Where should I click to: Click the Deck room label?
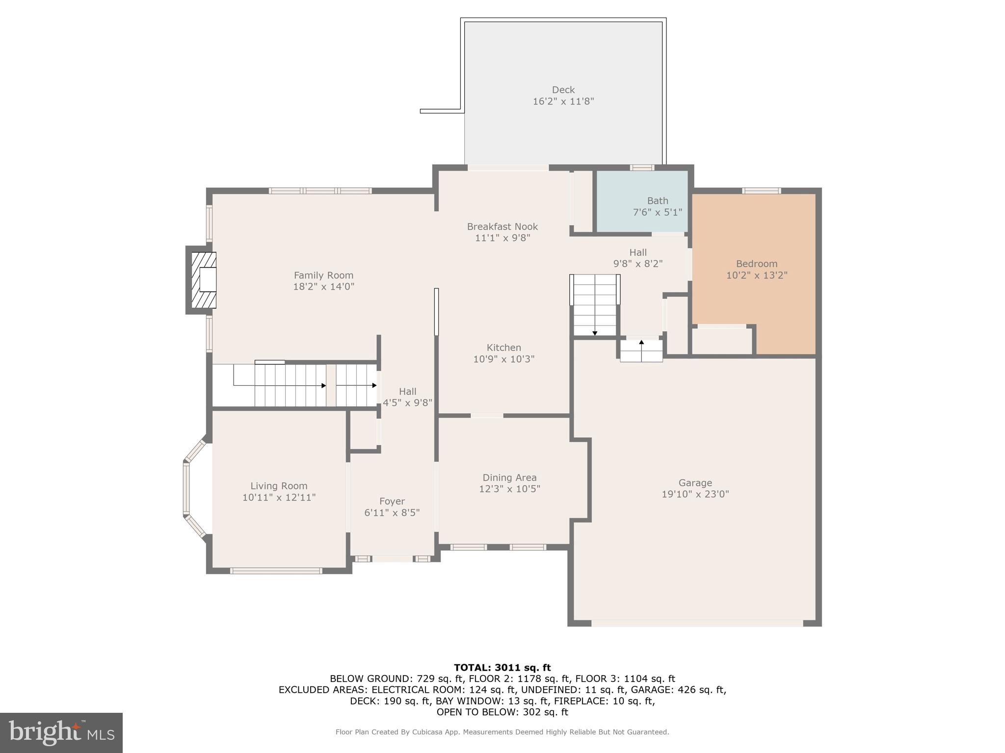pyautogui.click(x=563, y=90)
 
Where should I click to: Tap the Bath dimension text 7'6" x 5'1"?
pyautogui.click(x=657, y=212)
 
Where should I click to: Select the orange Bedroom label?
pyautogui.click(x=756, y=264)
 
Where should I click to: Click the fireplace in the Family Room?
pyautogui.click(x=203, y=280)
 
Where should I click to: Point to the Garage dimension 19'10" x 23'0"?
pyautogui.click(x=695, y=494)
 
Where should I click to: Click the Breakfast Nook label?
pyautogui.click(x=502, y=226)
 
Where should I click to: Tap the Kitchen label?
pyautogui.click(x=503, y=348)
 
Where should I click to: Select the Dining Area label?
pyautogui.click(x=509, y=477)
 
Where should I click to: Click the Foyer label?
pyautogui.click(x=392, y=501)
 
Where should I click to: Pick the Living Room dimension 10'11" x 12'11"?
pyautogui.click(x=279, y=498)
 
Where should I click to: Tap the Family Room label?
pyautogui.click(x=323, y=276)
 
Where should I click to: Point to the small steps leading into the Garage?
pyautogui.click(x=641, y=351)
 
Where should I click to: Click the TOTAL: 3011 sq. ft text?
pyautogui.click(x=502, y=667)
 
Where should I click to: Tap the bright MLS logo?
pyautogui.click(x=61, y=732)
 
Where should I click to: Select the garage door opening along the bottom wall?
pyautogui.click(x=697, y=623)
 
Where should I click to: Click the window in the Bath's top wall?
pyautogui.click(x=642, y=168)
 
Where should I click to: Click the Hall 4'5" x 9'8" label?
pyautogui.click(x=407, y=392)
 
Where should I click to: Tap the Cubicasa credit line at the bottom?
pyautogui.click(x=502, y=732)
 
